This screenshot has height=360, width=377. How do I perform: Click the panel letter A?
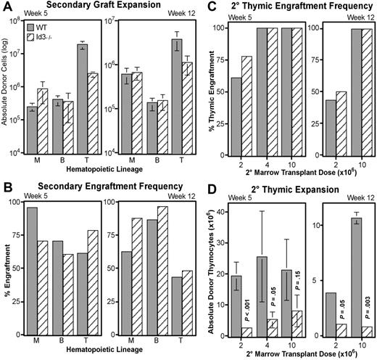pyautogui.click(x=7, y=7)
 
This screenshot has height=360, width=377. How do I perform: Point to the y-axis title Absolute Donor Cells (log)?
pyautogui.click(x=8, y=91)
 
